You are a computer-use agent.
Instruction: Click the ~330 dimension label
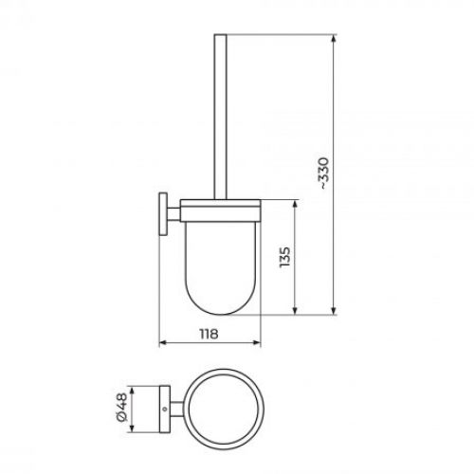(x=325, y=173)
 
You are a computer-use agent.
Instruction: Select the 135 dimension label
(x=284, y=257)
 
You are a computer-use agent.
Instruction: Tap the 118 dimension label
(x=209, y=334)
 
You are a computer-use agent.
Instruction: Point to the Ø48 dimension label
(x=121, y=408)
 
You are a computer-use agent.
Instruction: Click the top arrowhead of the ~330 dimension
(x=334, y=38)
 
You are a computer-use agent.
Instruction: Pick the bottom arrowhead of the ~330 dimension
(x=334, y=310)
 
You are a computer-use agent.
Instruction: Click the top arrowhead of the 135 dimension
(x=295, y=204)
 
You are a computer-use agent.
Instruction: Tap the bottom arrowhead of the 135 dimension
(x=295, y=310)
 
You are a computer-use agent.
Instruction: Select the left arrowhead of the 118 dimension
(x=163, y=343)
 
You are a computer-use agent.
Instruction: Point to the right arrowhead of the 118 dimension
(x=256, y=343)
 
